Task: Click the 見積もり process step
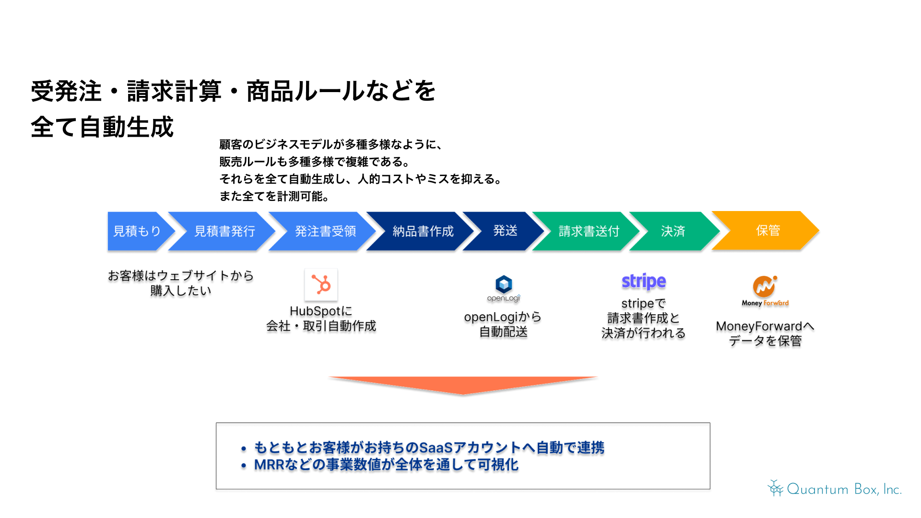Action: (x=137, y=231)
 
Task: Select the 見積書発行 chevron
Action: (x=224, y=231)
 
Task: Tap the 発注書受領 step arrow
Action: (x=325, y=231)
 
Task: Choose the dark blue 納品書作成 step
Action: (x=423, y=231)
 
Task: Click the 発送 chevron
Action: (x=505, y=231)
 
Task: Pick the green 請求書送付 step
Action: (x=589, y=231)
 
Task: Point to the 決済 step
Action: (x=673, y=231)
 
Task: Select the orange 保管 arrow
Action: (x=767, y=231)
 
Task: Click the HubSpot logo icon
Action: (x=321, y=284)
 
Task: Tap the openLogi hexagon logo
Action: (x=504, y=284)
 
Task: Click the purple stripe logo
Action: (x=644, y=282)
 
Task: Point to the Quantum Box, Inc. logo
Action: (x=835, y=489)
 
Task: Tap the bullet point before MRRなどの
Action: (x=244, y=466)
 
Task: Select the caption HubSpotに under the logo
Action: (x=321, y=311)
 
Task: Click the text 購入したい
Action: (x=180, y=291)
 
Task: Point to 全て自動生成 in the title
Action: (x=102, y=127)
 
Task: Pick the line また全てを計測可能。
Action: (x=274, y=196)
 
